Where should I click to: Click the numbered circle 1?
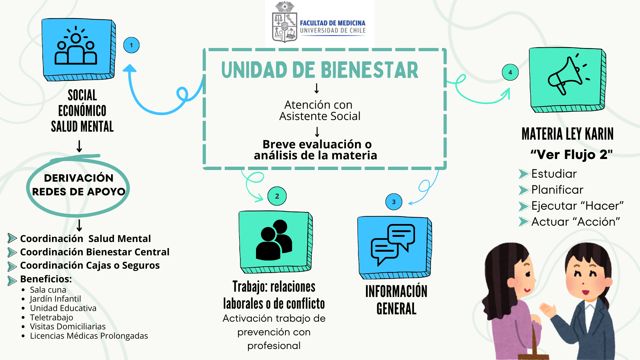tap(131, 45)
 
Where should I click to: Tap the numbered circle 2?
tap(277, 196)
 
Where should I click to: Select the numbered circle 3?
tap(394, 202)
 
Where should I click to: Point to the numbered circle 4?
tap(510, 72)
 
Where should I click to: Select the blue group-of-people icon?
tap(76, 45)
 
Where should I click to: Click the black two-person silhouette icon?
tap(274, 240)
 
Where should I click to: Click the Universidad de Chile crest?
tap(284, 22)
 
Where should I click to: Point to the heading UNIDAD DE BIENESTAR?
tap(320, 70)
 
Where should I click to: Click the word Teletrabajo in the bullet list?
tap(51, 317)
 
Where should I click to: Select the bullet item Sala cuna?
tap(48, 290)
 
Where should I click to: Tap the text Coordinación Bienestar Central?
tap(95, 252)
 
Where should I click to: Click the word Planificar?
tap(557, 190)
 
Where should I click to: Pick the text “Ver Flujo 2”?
tap(572, 154)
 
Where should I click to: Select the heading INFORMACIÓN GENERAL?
tap(396, 300)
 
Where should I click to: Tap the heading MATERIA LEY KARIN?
tap(568, 134)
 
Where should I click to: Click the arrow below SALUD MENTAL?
tap(79, 146)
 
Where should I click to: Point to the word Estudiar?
tap(554, 174)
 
